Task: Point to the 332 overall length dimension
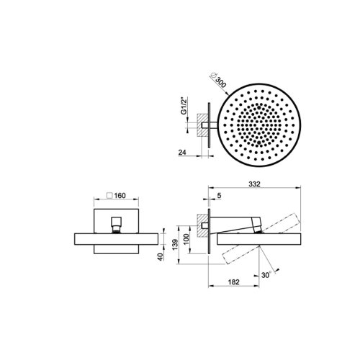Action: tap(255, 185)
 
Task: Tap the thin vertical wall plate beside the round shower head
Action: tap(210, 127)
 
